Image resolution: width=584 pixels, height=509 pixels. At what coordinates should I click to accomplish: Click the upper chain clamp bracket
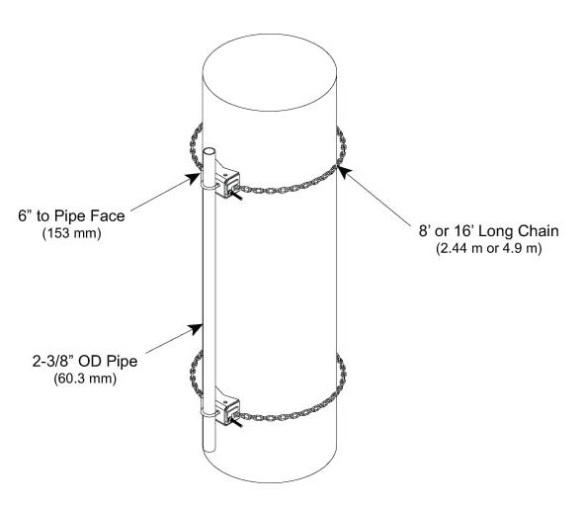coord(227,180)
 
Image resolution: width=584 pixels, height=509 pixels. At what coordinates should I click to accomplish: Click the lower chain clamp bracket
coord(227,407)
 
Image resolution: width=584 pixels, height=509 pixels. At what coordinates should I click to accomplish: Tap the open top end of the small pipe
coord(209,151)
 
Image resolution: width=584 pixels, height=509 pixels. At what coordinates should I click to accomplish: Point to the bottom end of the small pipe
coord(209,449)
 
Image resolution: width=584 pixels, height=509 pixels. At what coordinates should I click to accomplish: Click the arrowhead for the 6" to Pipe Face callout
coord(194,178)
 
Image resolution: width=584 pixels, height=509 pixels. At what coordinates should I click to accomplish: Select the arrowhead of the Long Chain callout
coord(344,172)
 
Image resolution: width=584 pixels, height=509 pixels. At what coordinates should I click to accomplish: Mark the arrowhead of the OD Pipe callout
coord(196,329)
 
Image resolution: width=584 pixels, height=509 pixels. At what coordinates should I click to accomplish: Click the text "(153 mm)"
coord(72,233)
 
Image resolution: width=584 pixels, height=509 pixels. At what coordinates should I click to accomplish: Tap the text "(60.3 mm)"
coord(85,379)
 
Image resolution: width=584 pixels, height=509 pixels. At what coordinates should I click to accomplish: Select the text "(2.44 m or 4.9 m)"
coord(489,248)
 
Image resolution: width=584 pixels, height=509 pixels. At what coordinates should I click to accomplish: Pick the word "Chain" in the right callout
coord(539,231)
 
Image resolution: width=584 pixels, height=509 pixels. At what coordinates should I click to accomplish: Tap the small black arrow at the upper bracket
coord(237,195)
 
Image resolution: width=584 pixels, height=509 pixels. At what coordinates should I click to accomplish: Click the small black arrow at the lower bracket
coord(236,423)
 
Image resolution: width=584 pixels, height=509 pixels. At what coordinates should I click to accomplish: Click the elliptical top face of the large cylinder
coord(270,72)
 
